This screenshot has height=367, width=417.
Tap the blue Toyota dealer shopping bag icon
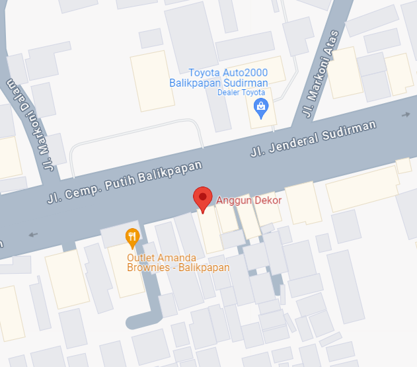pyautogui.click(x=261, y=106)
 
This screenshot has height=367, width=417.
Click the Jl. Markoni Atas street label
pyautogui.click(x=320, y=75)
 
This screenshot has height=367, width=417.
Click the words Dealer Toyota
pyautogui.click(x=241, y=93)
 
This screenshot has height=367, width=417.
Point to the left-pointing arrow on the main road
pyautogui.click(x=33, y=234)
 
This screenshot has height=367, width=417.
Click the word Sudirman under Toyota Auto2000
pyautogui.click(x=248, y=83)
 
